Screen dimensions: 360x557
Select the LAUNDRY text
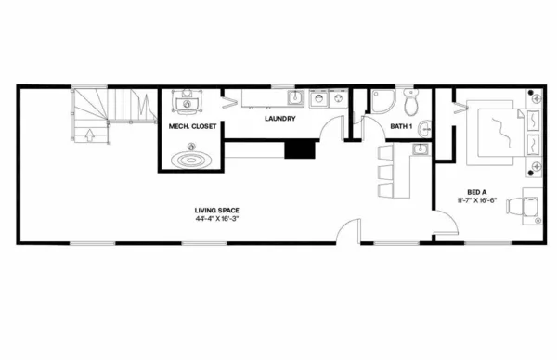pyautogui.click(x=279, y=120)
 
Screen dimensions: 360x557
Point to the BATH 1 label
pyautogui.click(x=401, y=125)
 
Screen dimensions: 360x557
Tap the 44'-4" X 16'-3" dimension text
pyautogui.click(x=217, y=221)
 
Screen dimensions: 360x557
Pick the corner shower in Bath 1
pyautogui.click(x=381, y=100)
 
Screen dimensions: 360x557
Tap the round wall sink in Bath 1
pyautogui.click(x=422, y=127)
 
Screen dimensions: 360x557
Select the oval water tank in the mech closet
pyautogui.click(x=193, y=159)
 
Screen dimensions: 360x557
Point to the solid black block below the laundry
pyautogui.click(x=300, y=148)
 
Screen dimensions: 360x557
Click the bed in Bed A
pyautogui.click(x=499, y=134)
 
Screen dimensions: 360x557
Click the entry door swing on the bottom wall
pyautogui.click(x=349, y=230)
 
